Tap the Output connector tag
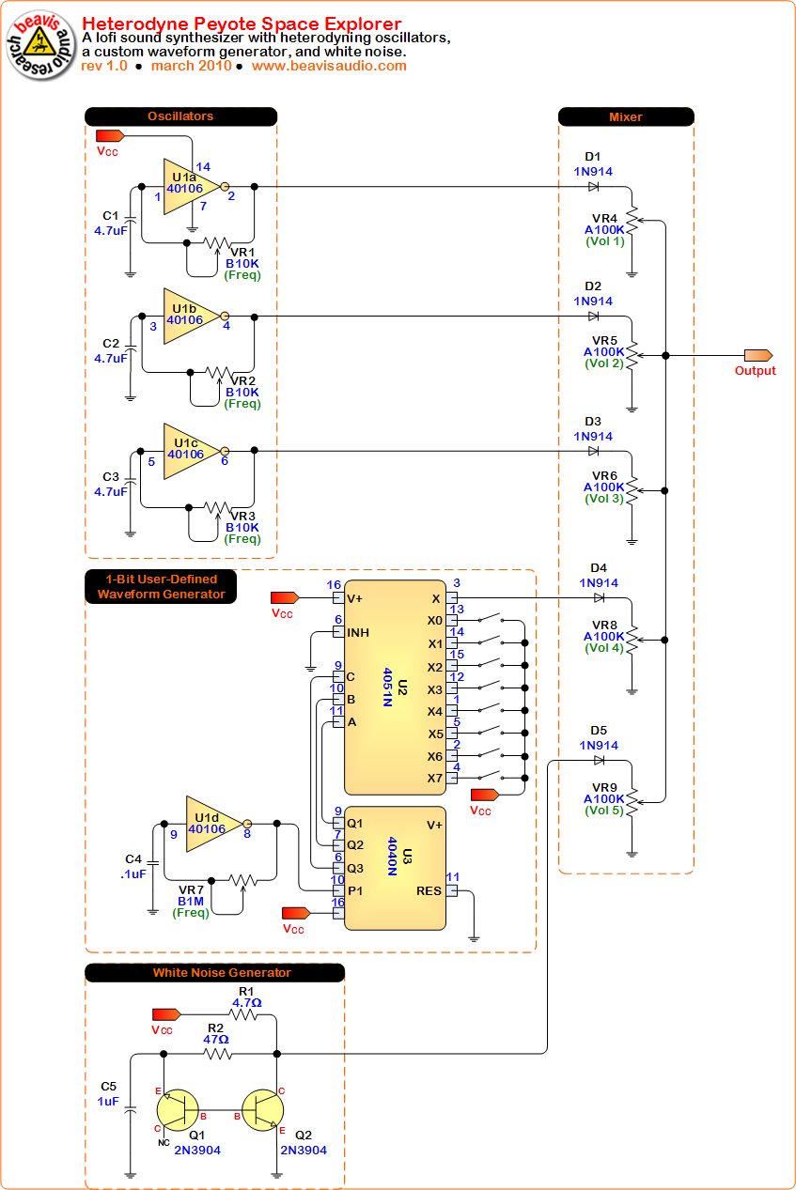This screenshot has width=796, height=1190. tap(757, 355)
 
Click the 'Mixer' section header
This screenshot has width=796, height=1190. tap(626, 116)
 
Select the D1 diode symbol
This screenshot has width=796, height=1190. tap(594, 186)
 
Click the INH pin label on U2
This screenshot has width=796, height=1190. tap(358, 633)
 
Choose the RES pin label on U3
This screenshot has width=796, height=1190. tap(429, 891)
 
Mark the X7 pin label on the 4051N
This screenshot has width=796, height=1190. tap(434, 779)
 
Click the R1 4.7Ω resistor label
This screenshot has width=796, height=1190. tap(246, 997)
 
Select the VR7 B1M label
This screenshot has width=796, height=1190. tap(191, 895)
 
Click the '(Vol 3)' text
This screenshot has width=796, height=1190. tap(603, 499)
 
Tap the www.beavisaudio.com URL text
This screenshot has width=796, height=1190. tap(329, 66)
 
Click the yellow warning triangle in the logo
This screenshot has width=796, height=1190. tap(39, 40)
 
